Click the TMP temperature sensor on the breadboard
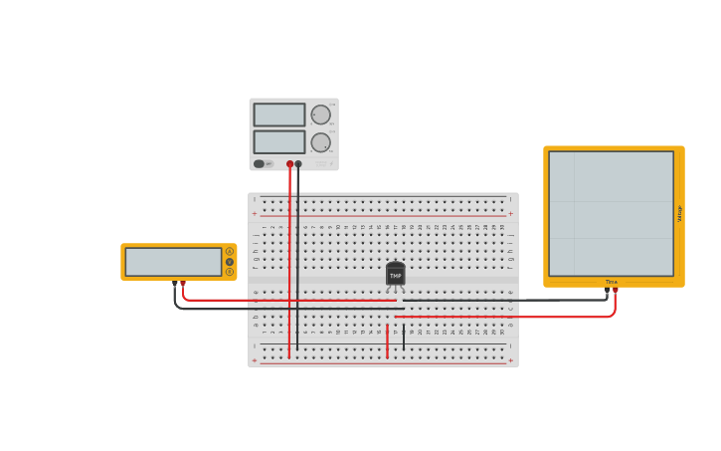(395, 274)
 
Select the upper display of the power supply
(279, 114)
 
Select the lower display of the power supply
(279, 141)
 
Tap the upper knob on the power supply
(320, 114)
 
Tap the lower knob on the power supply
(320, 142)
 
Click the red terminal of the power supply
(290, 164)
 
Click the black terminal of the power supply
(298, 164)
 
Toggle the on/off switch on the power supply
(260, 164)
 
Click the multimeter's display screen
(173, 262)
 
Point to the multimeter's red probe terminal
(183, 284)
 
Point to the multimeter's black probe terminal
(175, 284)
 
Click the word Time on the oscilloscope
(612, 282)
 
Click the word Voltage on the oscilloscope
(679, 213)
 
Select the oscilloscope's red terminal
(615, 291)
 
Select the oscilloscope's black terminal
(607, 291)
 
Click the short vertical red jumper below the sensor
(388, 340)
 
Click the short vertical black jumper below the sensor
(404, 337)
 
